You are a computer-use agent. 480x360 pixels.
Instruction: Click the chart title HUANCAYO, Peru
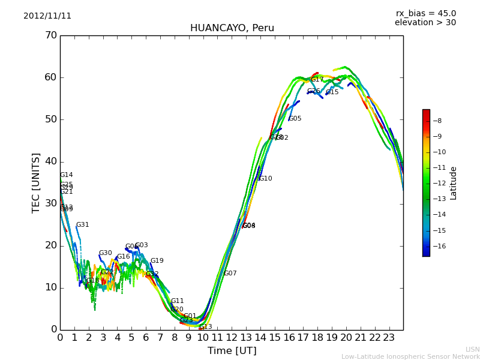232,28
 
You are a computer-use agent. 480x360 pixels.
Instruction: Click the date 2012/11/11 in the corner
47,16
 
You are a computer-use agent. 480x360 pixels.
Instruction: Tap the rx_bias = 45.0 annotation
425,14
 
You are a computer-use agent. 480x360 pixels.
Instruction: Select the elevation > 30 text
425,23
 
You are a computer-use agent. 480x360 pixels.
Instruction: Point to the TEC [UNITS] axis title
36,182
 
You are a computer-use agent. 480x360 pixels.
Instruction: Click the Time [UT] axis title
232,351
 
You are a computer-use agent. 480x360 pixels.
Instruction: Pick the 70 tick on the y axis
50,35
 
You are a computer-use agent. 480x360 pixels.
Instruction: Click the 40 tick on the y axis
50,161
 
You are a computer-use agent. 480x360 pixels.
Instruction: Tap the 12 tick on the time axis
232,338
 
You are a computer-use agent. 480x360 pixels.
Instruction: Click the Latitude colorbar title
454,183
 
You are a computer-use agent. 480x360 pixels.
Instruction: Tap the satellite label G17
317,80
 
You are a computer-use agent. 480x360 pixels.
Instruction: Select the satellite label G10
265,179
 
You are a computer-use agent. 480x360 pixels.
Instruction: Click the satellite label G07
230,274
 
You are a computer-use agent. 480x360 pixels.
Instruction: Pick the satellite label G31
82,225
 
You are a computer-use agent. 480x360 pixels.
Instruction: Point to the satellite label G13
205,327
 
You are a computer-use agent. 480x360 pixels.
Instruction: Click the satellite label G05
295,119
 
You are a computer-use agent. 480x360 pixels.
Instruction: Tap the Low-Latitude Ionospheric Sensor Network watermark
410,357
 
